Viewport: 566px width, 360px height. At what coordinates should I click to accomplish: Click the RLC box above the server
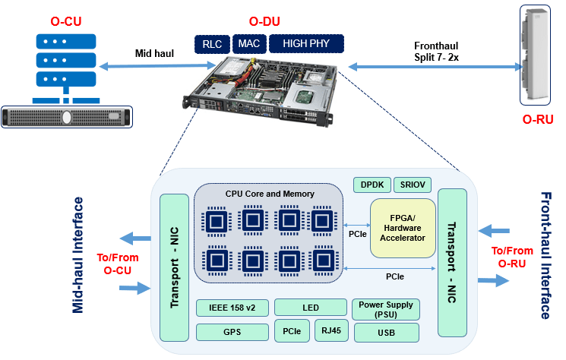[x=211, y=44]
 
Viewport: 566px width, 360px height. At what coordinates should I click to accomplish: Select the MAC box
[x=248, y=44]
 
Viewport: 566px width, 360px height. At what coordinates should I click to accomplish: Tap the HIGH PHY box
[x=305, y=44]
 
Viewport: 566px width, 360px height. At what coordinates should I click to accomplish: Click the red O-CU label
[x=65, y=21]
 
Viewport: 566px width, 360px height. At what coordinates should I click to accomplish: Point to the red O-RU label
[x=537, y=119]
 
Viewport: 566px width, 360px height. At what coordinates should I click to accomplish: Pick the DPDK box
[x=372, y=185]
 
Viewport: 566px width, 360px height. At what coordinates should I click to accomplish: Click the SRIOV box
[x=413, y=185]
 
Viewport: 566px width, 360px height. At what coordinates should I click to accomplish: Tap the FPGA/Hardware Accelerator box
[x=403, y=228]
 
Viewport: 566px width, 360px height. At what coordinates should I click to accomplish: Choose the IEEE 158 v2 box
[x=231, y=308]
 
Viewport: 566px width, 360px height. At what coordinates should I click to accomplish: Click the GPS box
[x=231, y=332]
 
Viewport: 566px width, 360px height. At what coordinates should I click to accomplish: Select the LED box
[x=310, y=308]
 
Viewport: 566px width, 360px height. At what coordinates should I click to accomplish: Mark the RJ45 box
[x=330, y=331]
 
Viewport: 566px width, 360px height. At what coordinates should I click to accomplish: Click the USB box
[x=385, y=332]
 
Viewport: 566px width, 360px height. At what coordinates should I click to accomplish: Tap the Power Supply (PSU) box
[x=385, y=308]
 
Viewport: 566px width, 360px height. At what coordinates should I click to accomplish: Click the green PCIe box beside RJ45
[x=291, y=331]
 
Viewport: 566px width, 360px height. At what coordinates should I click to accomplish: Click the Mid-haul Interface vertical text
[x=77, y=255]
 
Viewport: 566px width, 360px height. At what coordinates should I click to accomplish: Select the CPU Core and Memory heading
[x=269, y=194]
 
